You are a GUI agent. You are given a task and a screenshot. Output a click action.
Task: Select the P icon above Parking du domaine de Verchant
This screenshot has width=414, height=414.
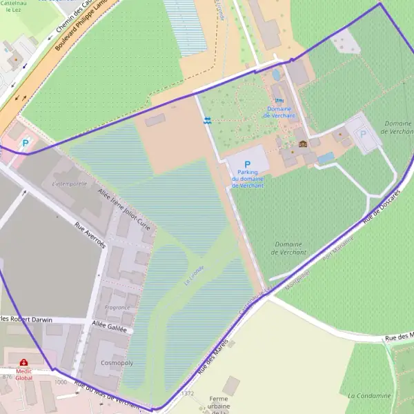pyautogui.click(x=246, y=165)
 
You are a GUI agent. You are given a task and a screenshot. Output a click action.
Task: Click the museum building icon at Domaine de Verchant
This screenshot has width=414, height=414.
pyautogui.click(x=302, y=144)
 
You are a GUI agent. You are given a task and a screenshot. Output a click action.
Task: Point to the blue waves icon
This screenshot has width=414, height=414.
pyautogui.click(x=207, y=121)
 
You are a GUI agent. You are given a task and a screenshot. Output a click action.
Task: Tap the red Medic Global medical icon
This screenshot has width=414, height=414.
pyautogui.click(x=24, y=362)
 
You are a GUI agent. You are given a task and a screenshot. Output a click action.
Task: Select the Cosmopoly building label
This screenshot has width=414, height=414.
pyautogui.click(x=117, y=362)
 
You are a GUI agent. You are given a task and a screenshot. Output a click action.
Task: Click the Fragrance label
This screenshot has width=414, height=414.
pyautogui.click(x=117, y=308)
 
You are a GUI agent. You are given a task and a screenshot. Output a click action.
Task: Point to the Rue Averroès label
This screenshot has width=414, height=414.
pyautogui.click(x=90, y=235)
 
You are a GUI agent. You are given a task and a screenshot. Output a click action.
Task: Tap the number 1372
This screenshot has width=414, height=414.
pyautogui.click(x=188, y=393)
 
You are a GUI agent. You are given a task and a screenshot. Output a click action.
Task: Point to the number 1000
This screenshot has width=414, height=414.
pyautogui.click(x=61, y=382)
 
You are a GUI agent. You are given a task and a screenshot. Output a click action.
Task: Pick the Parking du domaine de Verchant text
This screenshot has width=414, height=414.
pyautogui.click(x=247, y=179)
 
